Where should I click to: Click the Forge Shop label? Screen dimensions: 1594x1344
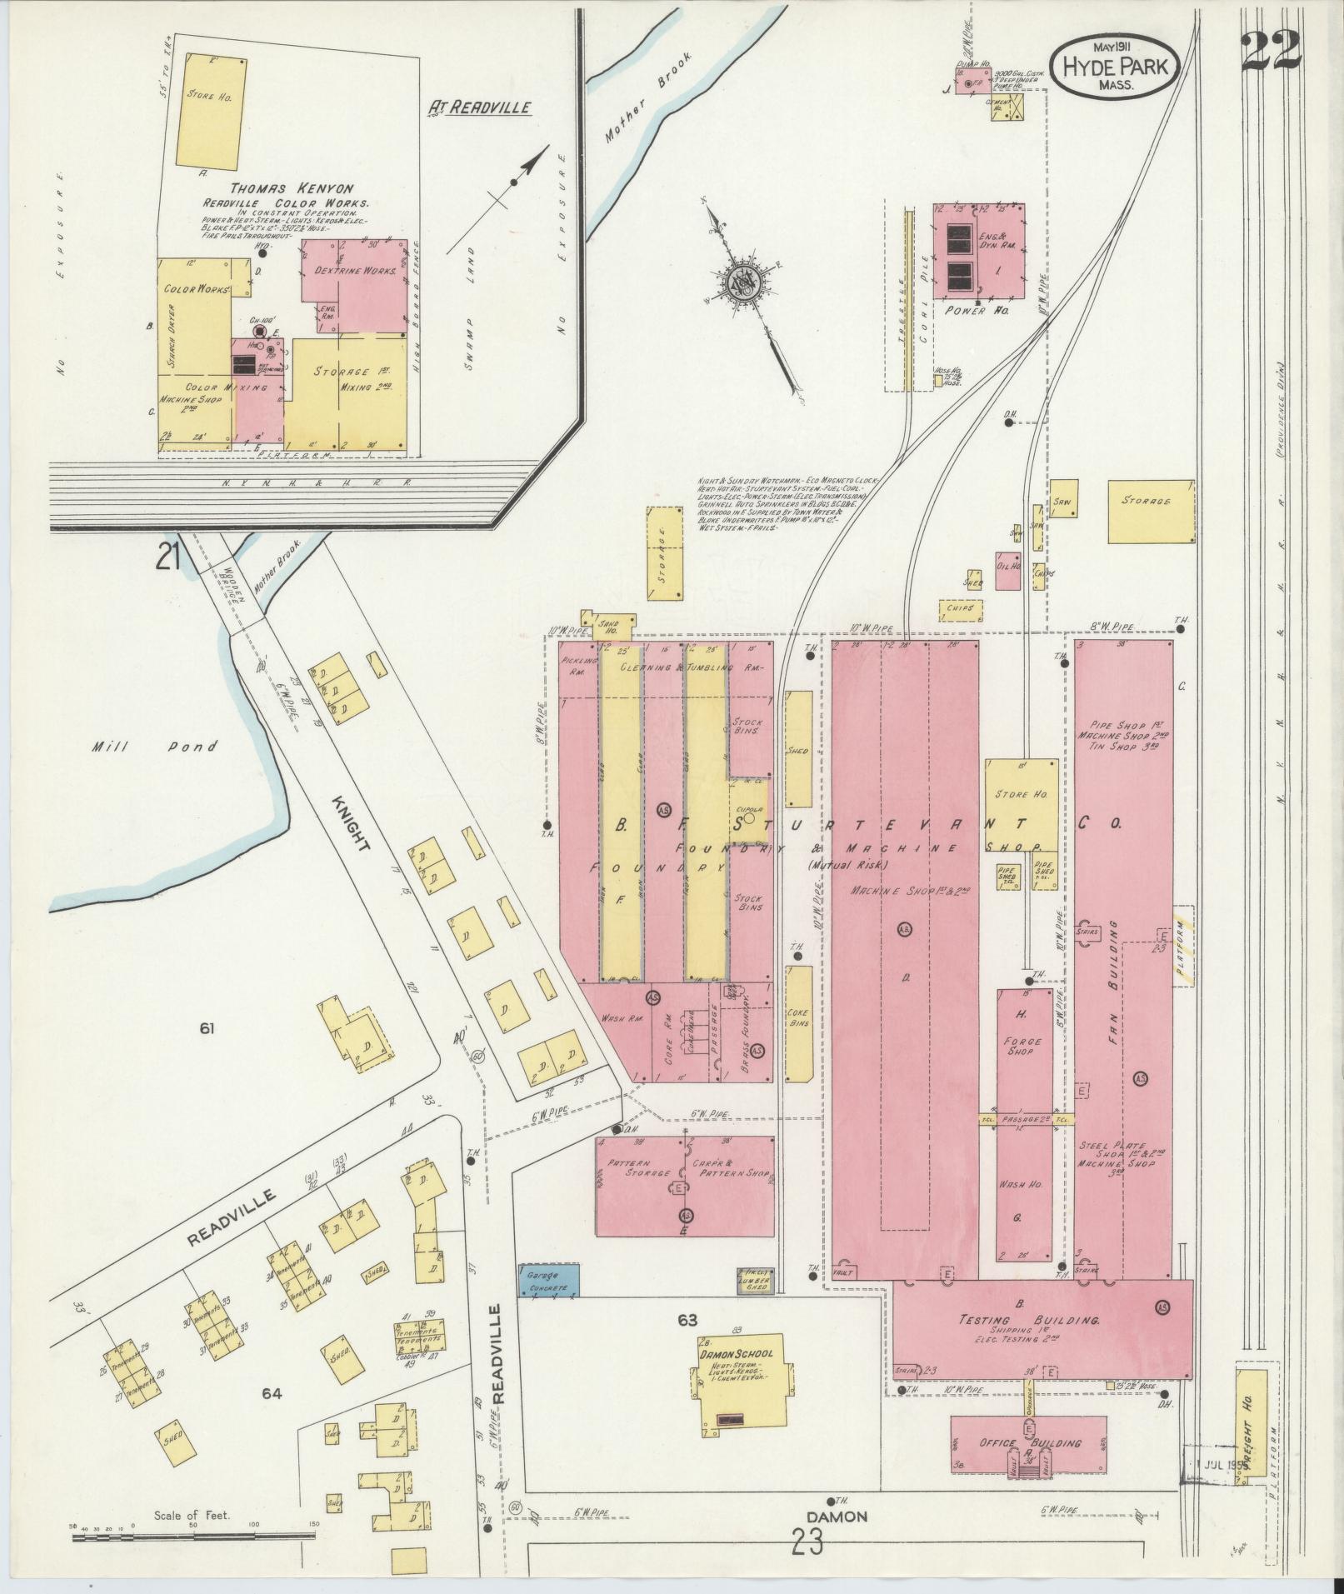coord(1020,1044)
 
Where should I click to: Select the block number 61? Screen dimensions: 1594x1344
coord(207,1029)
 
